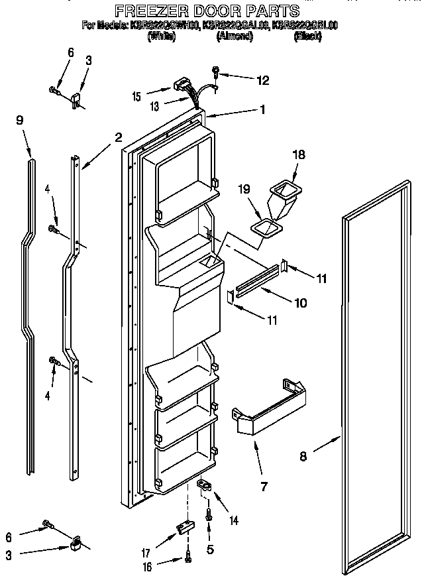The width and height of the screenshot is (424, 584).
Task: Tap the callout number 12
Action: [x=263, y=80]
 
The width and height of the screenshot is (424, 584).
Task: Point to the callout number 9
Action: [x=20, y=120]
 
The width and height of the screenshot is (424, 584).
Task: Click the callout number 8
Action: [x=303, y=455]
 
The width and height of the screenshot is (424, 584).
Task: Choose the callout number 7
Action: [x=264, y=487]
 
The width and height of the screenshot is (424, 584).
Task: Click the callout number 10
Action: [x=301, y=303]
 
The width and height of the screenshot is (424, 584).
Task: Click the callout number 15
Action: [x=136, y=97]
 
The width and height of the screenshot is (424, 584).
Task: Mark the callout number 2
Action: [x=118, y=138]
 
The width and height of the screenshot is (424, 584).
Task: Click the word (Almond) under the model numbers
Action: [x=235, y=37]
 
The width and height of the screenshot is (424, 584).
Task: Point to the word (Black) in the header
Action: [x=307, y=37]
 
